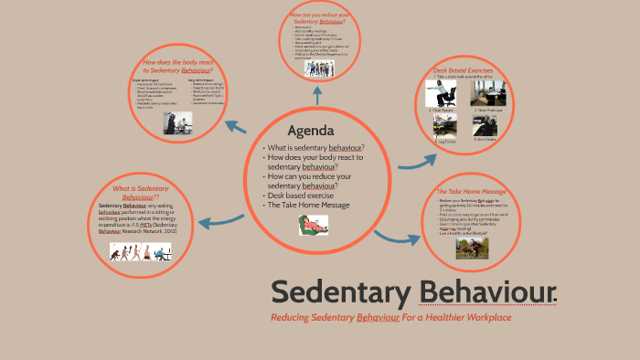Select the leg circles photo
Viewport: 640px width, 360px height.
click(x=446, y=128)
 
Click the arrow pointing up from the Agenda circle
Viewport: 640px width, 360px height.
click(x=316, y=96)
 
